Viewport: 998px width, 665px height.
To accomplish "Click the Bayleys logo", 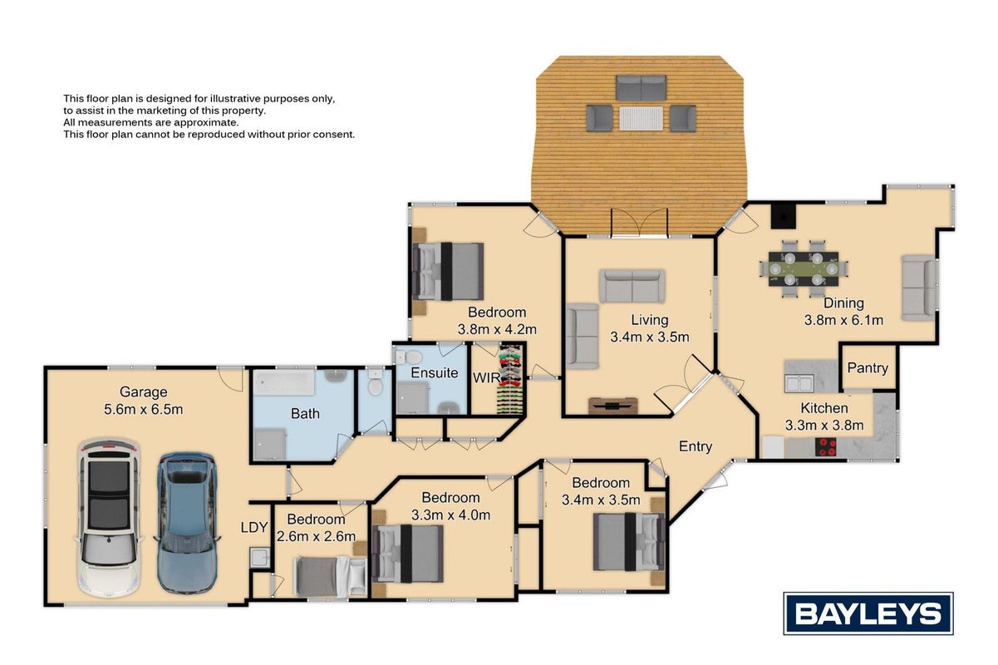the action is (x=868, y=613).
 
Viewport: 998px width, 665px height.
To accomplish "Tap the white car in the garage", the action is (x=108, y=517).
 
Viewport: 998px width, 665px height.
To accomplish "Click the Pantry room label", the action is (x=868, y=367).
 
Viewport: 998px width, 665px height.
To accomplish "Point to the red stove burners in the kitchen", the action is (x=825, y=447).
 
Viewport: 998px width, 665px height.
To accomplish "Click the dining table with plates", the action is (x=804, y=268).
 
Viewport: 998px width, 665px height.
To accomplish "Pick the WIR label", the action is (x=485, y=378).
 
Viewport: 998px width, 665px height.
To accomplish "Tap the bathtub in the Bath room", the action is (x=284, y=382).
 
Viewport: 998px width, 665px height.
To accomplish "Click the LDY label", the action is (x=254, y=527).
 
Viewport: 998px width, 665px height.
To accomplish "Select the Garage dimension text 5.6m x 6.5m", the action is (x=144, y=409).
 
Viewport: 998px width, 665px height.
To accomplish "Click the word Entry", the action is (x=695, y=446).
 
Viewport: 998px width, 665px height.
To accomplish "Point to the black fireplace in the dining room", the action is (x=783, y=215).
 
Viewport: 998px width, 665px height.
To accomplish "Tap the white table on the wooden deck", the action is (x=641, y=118).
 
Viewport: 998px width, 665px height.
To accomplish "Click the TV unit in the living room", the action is (x=612, y=405).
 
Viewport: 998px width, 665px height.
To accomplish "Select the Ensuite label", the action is (x=434, y=372).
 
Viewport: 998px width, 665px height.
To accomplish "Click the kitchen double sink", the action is (x=799, y=383).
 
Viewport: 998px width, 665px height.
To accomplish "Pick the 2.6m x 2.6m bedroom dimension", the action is (x=316, y=536).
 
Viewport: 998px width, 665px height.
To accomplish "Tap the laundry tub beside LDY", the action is (x=259, y=558).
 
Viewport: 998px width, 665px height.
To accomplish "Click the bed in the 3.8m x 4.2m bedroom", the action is (x=448, y=271).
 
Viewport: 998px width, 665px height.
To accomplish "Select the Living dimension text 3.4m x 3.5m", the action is (x=650, y=337).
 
